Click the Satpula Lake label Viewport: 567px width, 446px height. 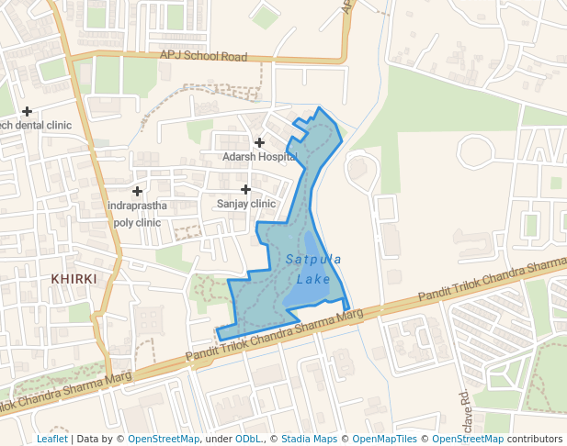click(313, 269)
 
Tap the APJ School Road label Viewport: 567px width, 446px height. click(204, 56)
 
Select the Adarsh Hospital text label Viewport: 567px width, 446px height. click(260, 157)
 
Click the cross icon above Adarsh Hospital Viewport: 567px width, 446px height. click(260, 142)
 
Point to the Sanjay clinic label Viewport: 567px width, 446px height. click(246, 204)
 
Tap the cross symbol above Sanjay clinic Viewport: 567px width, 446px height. click(246, 189)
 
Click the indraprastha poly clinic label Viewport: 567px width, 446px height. click(137, 214)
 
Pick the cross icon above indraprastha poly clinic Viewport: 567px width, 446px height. click(138, 191)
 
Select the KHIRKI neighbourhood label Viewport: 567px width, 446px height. click(74, 277)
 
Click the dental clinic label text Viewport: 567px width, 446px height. click(35, 125)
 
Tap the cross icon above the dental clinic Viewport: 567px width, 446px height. click(28, 111)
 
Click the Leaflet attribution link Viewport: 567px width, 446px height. click(52, 439)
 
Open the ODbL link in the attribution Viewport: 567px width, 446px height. click(247, 439)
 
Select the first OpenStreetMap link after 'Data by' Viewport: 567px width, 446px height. click(164, 439)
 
